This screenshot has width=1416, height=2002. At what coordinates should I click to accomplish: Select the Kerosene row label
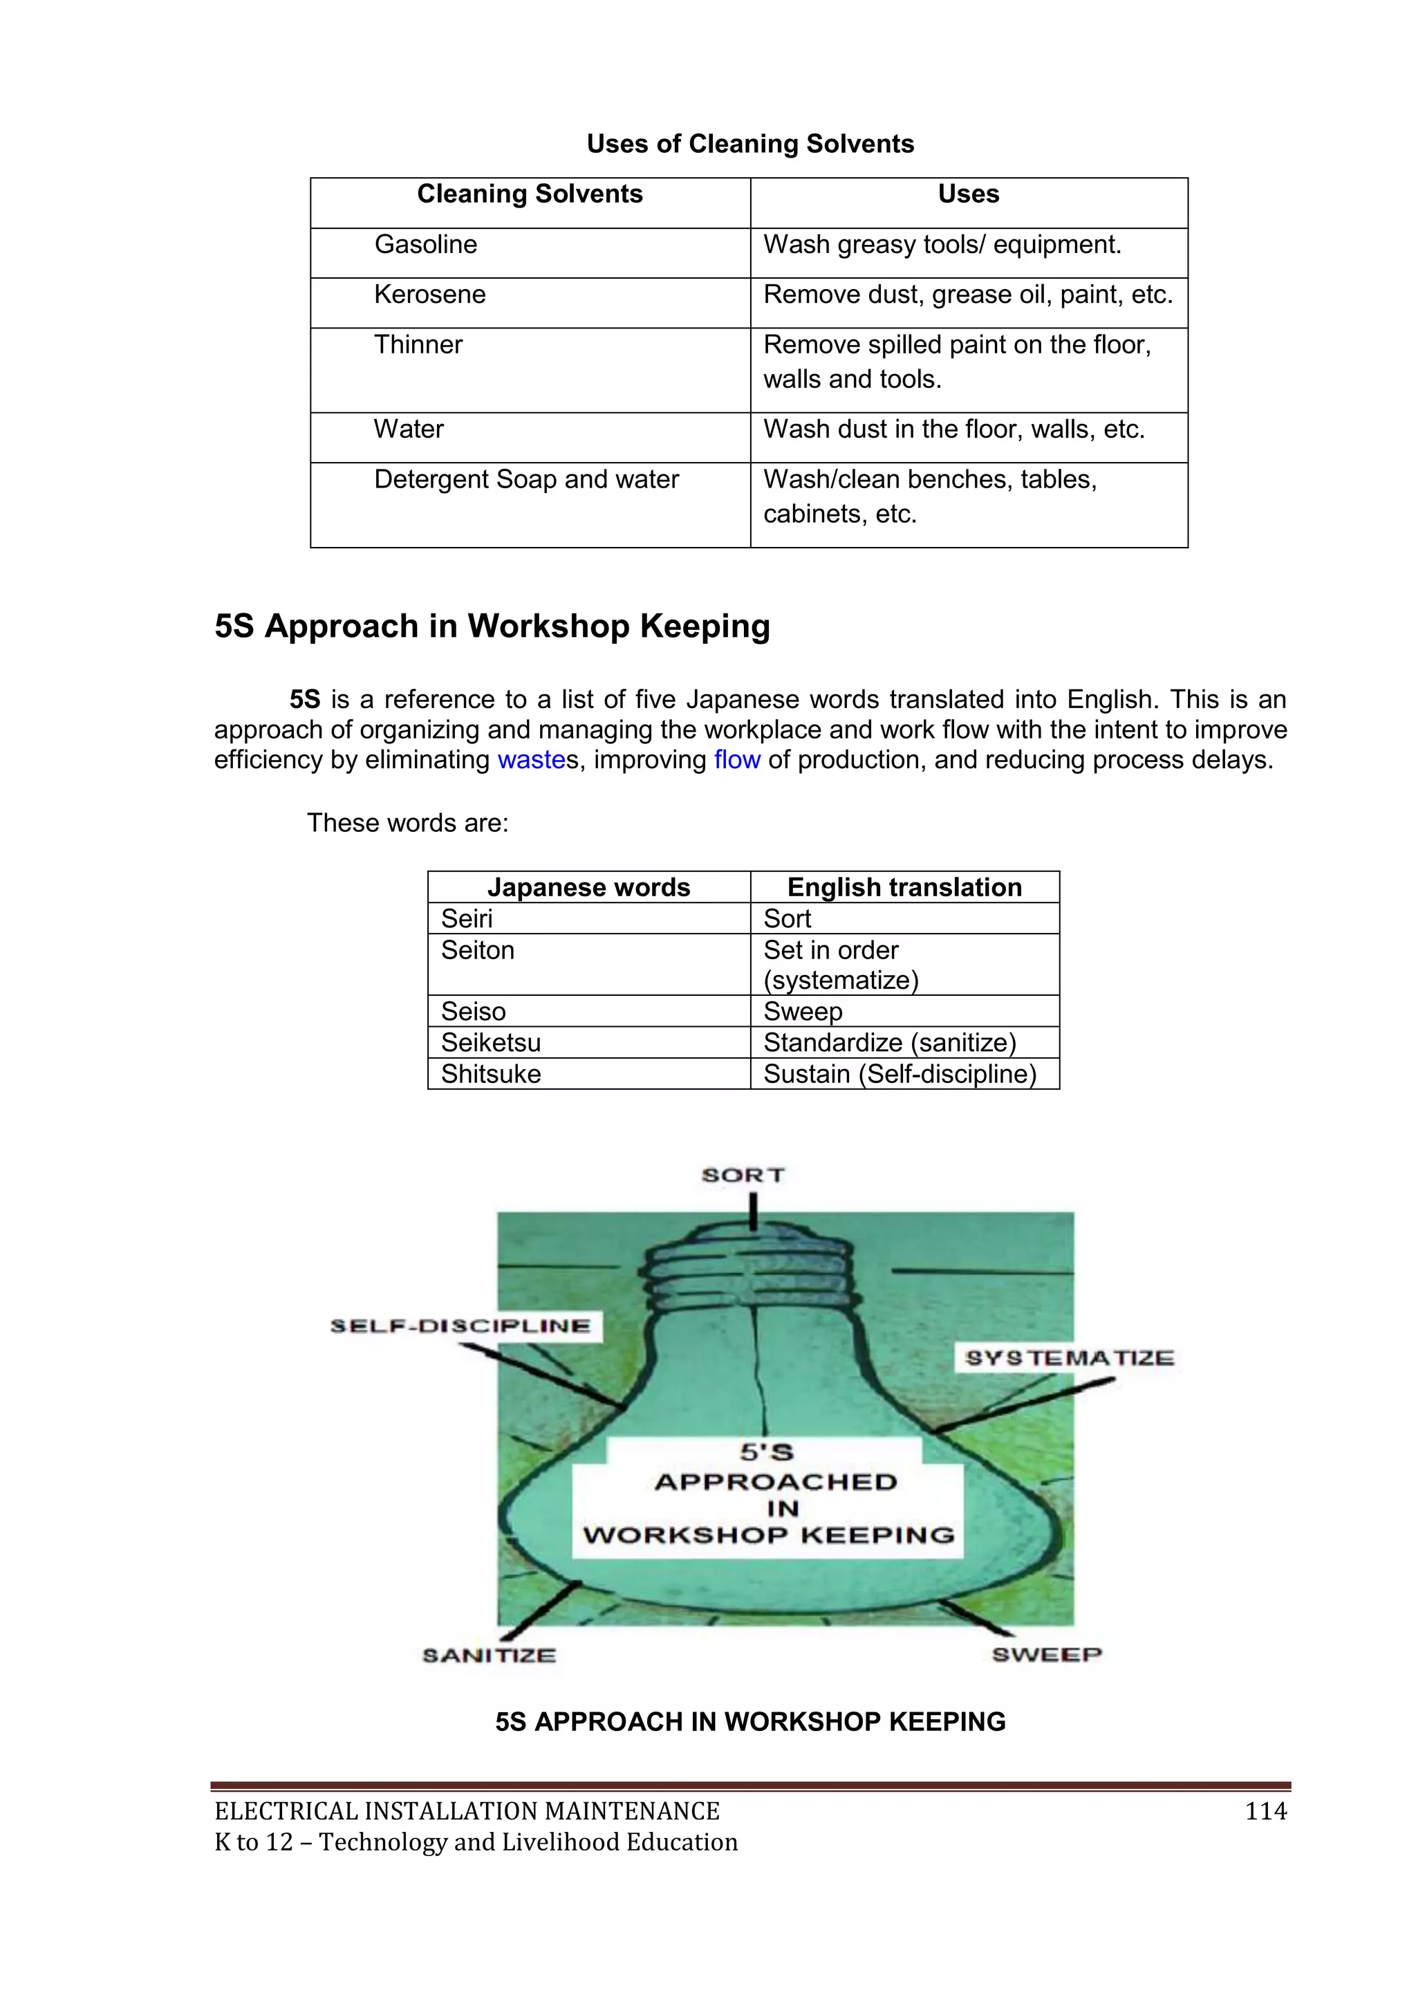(x=430, y=295)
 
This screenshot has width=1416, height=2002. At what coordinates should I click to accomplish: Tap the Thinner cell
(x=418, y=345)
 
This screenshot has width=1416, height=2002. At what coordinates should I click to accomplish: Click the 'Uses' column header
(x=968, y=194)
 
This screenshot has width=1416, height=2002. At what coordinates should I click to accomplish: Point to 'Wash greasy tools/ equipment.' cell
(x=942, y=245)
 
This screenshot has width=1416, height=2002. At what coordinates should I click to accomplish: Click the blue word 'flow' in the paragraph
(x=737, y=760)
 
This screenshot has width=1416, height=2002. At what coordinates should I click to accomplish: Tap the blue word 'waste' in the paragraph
(x=531, y=760)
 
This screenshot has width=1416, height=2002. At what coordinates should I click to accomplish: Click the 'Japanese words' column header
(x=588, y=888)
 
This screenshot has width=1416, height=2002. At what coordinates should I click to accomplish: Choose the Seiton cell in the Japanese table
(x=478, y=950)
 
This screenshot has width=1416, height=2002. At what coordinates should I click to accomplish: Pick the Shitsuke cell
(x=491, y=1074)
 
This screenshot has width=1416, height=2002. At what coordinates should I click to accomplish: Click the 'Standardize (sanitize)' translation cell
(x=889, y=1043)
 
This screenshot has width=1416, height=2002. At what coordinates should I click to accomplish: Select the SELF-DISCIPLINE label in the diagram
(x=460, y=1326)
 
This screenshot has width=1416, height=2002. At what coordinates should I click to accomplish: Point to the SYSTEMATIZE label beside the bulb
(x=1069, y=1357)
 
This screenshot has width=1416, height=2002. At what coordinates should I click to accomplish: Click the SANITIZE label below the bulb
(x=489, y=1655)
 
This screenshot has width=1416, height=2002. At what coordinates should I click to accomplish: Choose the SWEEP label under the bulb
(x=1046, y=1654)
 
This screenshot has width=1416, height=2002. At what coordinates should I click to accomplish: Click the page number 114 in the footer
(x=1265, y=1812)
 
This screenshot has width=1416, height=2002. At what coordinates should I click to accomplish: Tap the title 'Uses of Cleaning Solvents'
(x=750, y=145)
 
